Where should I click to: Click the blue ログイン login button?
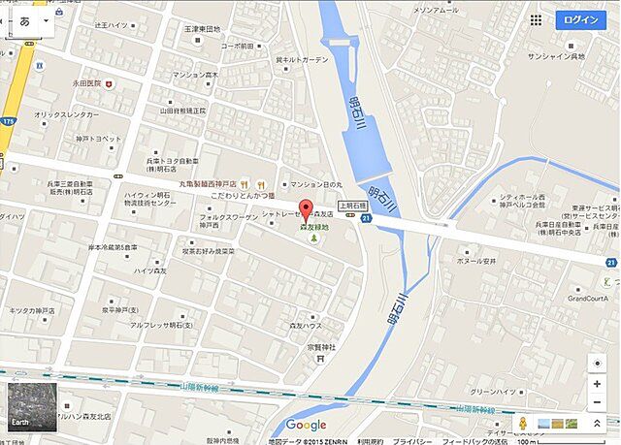(x=580, y=19)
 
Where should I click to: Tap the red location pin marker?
(x=306, y=208)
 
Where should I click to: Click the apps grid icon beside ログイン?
(x=537, y=19)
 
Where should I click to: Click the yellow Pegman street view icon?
(x=522, y=424)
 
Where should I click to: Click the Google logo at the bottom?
(x=306, y=425)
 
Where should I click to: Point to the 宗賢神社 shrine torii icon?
(x=319, y=358)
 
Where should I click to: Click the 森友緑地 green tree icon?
(x=313, y=238)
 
